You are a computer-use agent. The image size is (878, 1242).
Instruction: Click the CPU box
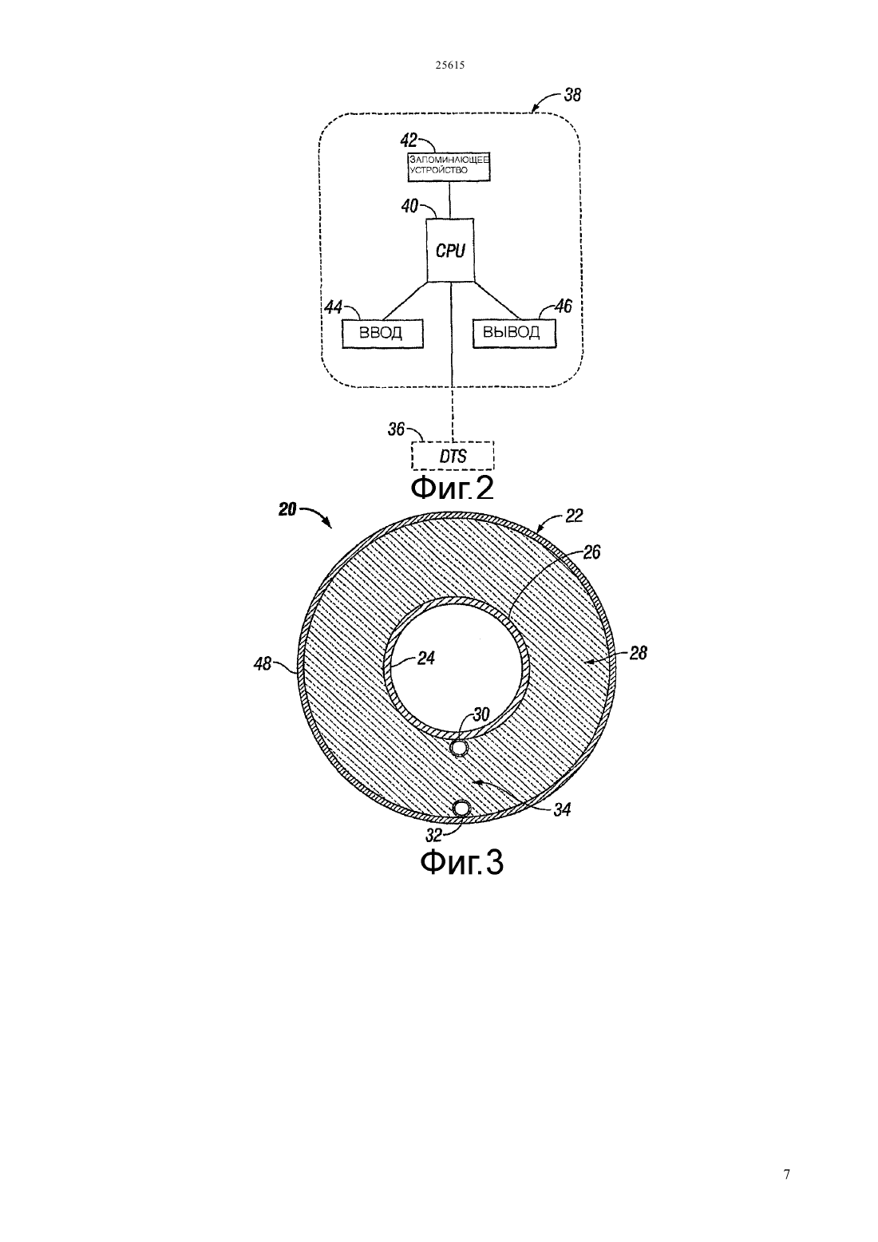(x=450, y=250)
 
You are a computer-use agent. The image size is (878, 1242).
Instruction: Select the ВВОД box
(x=382, y=334)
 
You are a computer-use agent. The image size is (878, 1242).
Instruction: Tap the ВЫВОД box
(x=514, y=333)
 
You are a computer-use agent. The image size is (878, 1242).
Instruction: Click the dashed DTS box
(x=453, y=457)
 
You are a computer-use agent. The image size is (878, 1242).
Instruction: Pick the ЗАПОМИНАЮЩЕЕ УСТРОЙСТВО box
(x=449, y=166)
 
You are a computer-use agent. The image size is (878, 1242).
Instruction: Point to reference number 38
(x=572, y=95)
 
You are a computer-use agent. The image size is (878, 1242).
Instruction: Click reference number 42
(x=409, y=139)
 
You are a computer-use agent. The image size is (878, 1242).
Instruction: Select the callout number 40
(x=409, y=207)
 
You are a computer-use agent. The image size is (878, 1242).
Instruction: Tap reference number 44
(x=333, y=307)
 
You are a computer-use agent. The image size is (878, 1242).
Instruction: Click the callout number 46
(x=564, y=306)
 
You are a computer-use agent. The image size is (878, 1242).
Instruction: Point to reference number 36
(x=396, y=429)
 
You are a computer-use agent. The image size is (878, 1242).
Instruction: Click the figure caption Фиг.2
(x=452, y=488)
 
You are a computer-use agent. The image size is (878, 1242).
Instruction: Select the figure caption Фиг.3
(x=461, y=863)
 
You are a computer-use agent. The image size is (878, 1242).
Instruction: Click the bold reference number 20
(x=287, y=509)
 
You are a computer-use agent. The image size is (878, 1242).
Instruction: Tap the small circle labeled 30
(x=459, y=749)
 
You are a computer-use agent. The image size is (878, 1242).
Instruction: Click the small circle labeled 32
(x=461, y=809)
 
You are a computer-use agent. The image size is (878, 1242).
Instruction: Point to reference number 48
(x=262, y=663)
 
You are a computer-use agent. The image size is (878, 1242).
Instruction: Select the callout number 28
(x=638, y=653)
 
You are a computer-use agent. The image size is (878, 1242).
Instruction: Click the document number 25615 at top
(x=449, y=65)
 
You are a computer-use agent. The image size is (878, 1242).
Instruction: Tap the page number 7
(x=786, y=1174)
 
